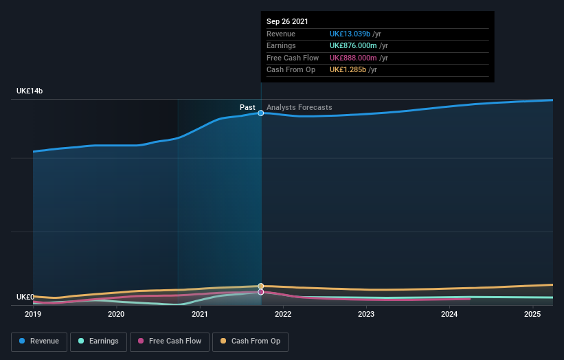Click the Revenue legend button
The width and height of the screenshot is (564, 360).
click(x=38, y=341)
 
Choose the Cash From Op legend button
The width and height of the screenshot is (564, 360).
click(x=250, y=341)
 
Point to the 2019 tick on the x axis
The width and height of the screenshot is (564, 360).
click(x=33, y=315)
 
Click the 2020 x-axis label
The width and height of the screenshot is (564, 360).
click(x=116, y=315)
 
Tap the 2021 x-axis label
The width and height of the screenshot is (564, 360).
click(x=199, y=315)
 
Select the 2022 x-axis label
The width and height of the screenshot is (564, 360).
click(x=283, y=315)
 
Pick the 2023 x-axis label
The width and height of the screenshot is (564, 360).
click(x=366, y=315)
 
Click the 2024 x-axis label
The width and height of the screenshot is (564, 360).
click(x=449, y=315)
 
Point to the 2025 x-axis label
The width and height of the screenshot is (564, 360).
click(x=532, y=315)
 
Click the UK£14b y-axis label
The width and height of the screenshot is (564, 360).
click(x=30, y=91)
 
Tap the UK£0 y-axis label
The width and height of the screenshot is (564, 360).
click(x=25, y=297)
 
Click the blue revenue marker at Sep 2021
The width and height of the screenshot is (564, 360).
click(x=261, y=113)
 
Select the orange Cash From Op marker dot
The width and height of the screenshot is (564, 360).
click(x=261, y=286)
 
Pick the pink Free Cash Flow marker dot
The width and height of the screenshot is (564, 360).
click(x=261, y=292)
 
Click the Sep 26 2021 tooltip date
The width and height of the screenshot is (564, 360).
click(x=288, y=21)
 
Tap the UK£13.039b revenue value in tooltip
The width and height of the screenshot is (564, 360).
click(x=350, y=34)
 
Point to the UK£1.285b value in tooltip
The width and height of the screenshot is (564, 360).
click(x=348, y=69)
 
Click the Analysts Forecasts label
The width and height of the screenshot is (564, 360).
click(x=299, y=107)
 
